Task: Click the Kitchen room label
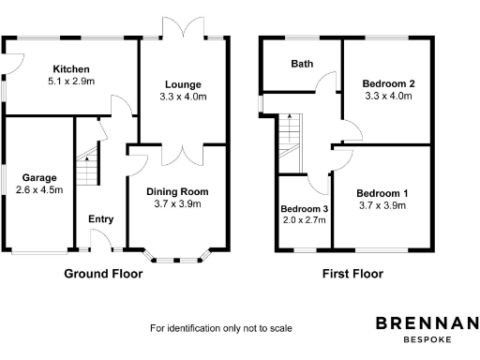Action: pos(71,69)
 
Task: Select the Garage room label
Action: pos(39,177)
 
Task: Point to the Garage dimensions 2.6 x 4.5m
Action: pos(39,189)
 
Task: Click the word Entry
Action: pos(100,219)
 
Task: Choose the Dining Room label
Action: pos(176,191)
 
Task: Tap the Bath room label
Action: pos(302,64)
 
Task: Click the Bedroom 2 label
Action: pos(388,83)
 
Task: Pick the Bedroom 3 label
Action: pos(304,208)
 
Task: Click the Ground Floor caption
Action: pos(103,275)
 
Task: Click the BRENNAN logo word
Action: pos(427,323)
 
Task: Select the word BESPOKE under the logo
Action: pos(427,339)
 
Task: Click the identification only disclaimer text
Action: pos(221,328)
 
